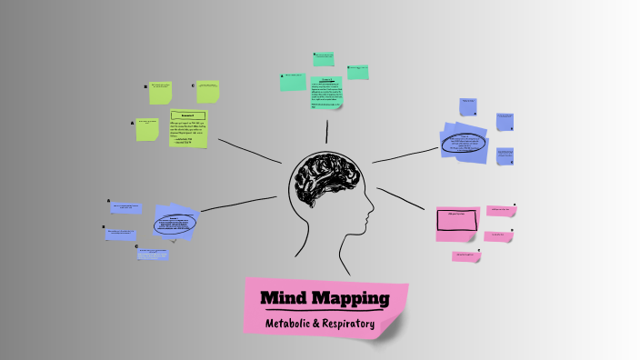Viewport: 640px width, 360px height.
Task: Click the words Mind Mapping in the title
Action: (325, 298)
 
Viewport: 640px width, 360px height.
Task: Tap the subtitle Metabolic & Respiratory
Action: (320, 324)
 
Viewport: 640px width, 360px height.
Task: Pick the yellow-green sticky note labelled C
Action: (208, 91)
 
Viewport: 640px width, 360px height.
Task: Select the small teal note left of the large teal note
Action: (293, 82)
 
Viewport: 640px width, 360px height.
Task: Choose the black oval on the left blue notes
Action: (173, 224)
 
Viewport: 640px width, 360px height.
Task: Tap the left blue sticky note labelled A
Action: (126, 208)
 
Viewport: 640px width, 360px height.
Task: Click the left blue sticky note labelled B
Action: (120, 234)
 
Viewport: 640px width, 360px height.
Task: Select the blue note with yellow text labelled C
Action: (152, 255)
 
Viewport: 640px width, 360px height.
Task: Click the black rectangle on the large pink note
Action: (457, 219)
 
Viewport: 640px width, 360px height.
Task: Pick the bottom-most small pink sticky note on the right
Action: (466, 256)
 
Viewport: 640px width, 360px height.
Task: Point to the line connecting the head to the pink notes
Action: (404, 200)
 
